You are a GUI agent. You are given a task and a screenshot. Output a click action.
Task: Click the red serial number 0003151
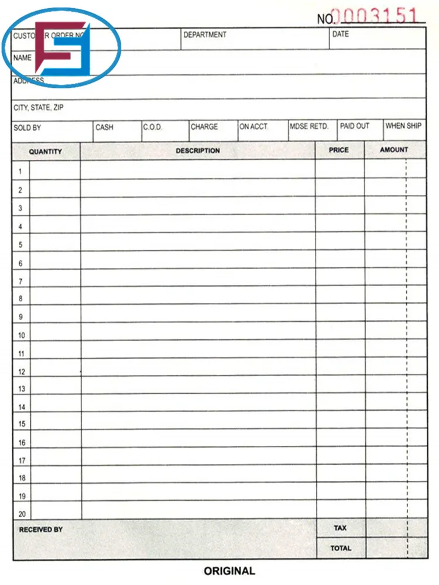click(374, 16)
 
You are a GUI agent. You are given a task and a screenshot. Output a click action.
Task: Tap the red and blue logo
click(61, 50)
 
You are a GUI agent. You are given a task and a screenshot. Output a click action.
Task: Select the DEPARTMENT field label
click(205, 35)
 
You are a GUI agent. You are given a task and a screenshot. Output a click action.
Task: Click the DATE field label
click(340, 35)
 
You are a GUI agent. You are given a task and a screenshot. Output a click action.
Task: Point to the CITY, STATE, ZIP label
click(39, 108)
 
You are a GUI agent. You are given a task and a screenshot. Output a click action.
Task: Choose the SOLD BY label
click(27, 128)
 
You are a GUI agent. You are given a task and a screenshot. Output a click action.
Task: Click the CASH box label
click(104, 127)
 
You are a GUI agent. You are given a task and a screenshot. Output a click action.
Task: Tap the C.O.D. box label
click(152, 127)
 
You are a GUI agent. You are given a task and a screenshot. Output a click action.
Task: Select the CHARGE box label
click(204, 127)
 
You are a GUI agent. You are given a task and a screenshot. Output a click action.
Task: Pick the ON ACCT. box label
click(253, 127)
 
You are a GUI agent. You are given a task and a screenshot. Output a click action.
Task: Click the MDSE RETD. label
click(309, 126)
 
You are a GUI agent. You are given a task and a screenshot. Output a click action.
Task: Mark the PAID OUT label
click(355, 126)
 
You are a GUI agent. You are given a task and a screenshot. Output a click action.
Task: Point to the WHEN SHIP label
click(403, 126)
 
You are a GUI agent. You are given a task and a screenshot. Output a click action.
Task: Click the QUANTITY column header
click(46, 152)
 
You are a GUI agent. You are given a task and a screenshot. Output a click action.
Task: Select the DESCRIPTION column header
click(198, 151)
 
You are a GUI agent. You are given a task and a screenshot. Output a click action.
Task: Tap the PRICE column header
click(338, 150)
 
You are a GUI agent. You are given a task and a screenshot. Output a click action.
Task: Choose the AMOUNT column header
click(394, 150)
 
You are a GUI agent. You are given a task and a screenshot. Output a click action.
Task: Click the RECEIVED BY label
click(41, 529)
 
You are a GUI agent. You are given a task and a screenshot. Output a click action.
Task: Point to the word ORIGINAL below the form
click(229, 571)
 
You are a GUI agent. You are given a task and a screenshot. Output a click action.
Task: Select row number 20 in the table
click(22, 514)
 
